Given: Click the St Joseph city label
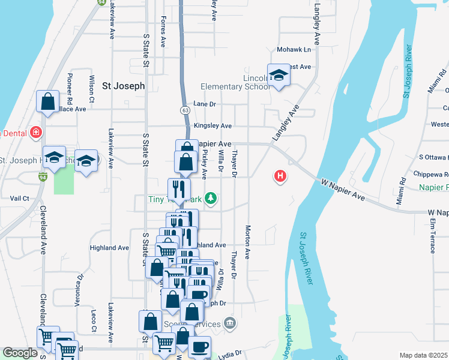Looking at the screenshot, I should tap(123, 86).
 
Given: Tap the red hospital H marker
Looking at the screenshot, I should tap(280, 176).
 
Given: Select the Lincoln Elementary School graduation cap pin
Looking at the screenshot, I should tap(279, 75).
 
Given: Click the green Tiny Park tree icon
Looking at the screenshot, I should tap(210, 197).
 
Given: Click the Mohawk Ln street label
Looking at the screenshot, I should tap(294, 49).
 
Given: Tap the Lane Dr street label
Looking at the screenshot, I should tap(204, 104).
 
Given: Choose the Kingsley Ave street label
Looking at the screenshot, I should tap(212, 126).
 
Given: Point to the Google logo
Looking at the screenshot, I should tap(20, 353).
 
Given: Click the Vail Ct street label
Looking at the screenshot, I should tap(19, 198).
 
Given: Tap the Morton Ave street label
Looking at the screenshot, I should tap(247, 242).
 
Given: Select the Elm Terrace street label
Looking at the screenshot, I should tap(432, 236).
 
